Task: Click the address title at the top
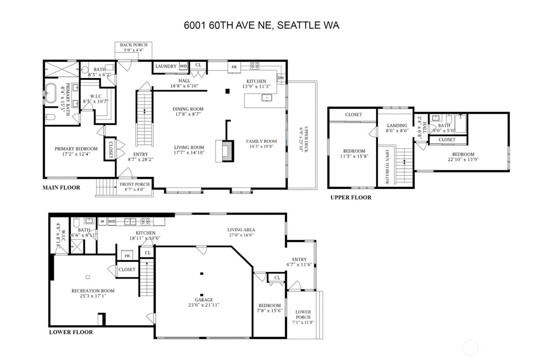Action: click(x=262, y=25)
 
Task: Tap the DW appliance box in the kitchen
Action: click(x=281, y=78)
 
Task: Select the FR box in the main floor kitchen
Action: click(x=234, y=67)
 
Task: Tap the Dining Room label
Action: click(x=188, y=109)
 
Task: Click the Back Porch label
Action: click(x=133, y=45)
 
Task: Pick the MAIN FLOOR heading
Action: click(x=61, y=188)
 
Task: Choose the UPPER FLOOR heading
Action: click(x=351, y=198)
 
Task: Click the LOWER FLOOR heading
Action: click(x=71, y=332)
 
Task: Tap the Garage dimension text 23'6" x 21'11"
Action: click(x=204, y=305)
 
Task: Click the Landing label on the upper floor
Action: click(x=397, y=125)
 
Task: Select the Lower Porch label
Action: click(x=303, y=312)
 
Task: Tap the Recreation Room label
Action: click(x=93, y=291)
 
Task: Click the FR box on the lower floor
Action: click(x=127, y=256)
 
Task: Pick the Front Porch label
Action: click(x=134, y=184)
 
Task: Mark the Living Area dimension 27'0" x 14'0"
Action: click(x=241, y=235)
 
